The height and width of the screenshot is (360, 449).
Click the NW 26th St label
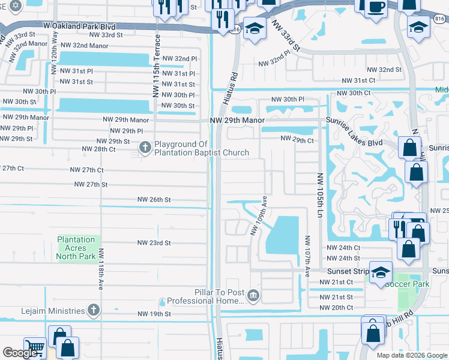click(154, 199)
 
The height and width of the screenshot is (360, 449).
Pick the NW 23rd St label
click(154, 243)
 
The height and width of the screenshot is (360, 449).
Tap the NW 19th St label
click(154, 314)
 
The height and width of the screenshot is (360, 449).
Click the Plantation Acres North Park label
click(76, 248)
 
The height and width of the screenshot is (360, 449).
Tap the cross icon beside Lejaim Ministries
click(93, 310)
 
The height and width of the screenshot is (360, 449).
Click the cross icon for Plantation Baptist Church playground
click(145, 148)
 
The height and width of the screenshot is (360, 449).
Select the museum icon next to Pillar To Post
click(254, 296)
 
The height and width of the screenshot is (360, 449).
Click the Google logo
click(21, 353)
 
